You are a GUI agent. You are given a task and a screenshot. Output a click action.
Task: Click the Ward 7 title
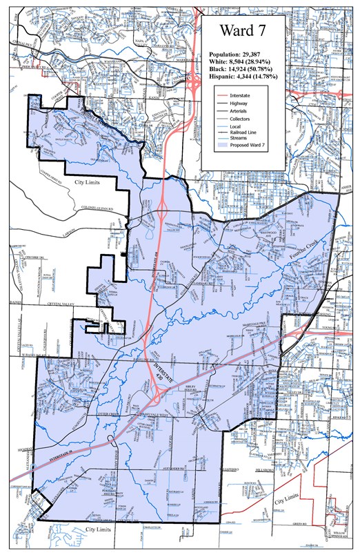pos(243,30)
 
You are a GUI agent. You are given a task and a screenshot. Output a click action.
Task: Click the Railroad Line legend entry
pos(250,135)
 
